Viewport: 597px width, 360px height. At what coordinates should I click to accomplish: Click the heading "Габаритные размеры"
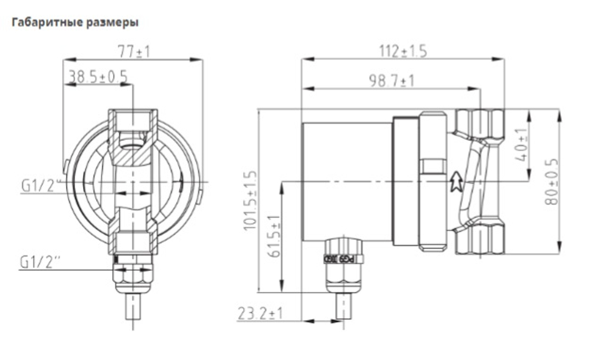coord(75,23)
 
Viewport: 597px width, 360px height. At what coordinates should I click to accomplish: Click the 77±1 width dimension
coord(133,52)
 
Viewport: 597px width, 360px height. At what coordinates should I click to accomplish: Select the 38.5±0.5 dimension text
coord(98,76)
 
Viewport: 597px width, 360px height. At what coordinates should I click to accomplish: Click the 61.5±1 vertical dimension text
coord(275,236)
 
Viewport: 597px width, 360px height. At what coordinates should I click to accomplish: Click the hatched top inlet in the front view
coord(133,128)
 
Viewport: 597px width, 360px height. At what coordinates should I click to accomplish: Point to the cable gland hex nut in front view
coord(132,276)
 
